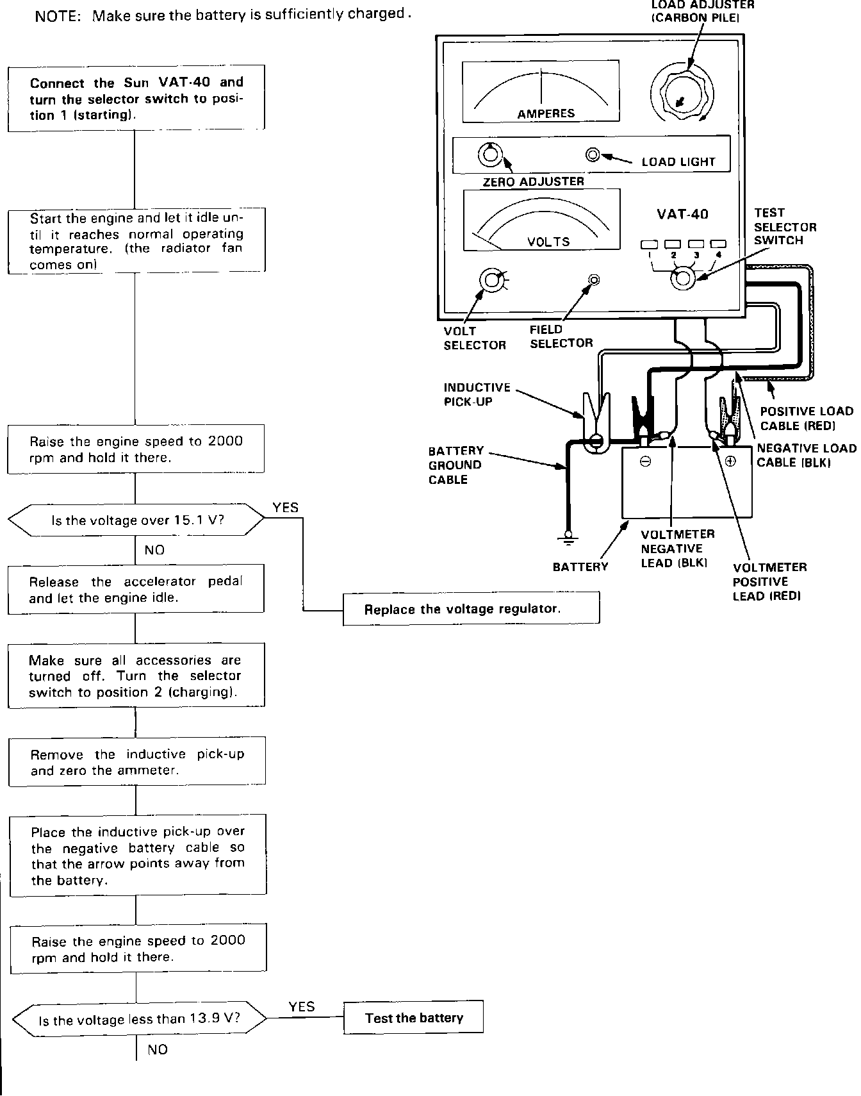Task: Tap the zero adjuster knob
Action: [x=490, y=155]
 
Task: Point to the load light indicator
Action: [x=593, y=154]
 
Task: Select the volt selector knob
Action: [x=491, y=280]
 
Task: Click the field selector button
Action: [x=594, y=279]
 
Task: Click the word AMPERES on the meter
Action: [x=546, y=113]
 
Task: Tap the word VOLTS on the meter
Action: [x=548, y=242]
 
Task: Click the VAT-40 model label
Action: [x=682, y=214]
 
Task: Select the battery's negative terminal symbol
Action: [x=646, y=461]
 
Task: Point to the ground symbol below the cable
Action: [x=568, y=538]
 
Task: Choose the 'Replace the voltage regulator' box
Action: [x=471, y=609]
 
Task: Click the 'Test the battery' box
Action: [x=413, y=1018]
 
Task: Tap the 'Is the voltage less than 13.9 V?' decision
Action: [x=139, y=1019]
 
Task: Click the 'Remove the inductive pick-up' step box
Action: [x=137, y=762]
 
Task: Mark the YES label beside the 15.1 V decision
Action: [x=285, y=508]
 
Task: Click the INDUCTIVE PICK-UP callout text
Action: [x=477, y=394]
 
